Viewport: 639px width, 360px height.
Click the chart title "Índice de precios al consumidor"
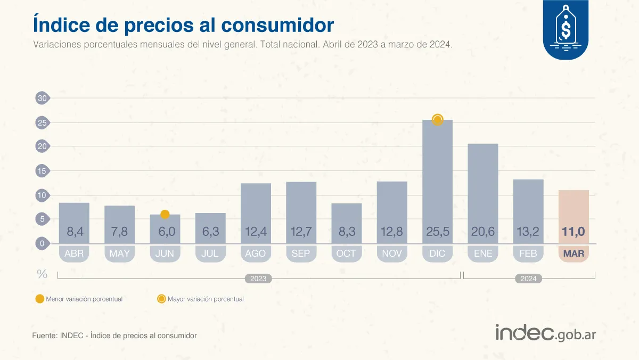click(183, 24)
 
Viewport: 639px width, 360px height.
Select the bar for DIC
click(437, 181)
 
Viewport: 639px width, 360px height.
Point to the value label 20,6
click(482, 232)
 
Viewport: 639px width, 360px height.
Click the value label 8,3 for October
click(346, 232)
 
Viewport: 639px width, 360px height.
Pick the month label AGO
click(256, 253)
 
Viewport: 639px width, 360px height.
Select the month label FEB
click(528, 253)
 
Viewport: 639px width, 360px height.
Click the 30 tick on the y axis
click(42, 98)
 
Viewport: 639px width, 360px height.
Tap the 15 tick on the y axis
click(42, 171)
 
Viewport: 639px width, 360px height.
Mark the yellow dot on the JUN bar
click(165, 214)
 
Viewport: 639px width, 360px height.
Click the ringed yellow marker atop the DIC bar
click(437, 120)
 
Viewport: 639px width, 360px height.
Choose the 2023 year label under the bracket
click(258, 279)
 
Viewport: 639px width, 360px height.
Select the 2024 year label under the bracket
click(529, 279)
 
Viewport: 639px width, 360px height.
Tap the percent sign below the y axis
click(42, 274)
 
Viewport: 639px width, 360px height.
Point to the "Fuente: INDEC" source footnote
click(114, 336)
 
